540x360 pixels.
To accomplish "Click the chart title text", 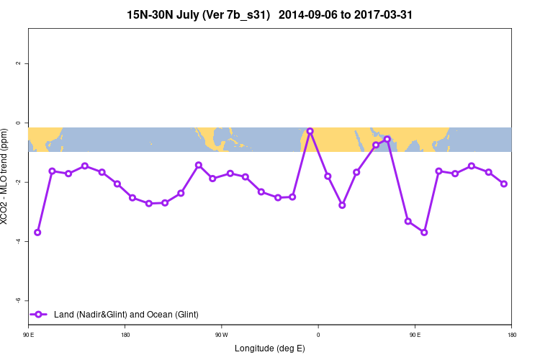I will [x=269, y=14].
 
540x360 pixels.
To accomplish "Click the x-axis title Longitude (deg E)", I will [x=269, y=348].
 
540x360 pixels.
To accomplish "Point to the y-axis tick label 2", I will [x=19, y=63].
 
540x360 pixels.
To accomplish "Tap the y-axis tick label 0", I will [x=19, y=123].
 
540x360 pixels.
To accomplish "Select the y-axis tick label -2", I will [x=19, y=182].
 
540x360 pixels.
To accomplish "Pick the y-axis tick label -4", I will [x=19, y=241].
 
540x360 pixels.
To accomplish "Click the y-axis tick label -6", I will [x=19, y=300].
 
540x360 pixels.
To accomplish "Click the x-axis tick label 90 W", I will [x=221, y=335].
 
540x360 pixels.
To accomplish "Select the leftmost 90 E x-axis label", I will [x=28, y=335].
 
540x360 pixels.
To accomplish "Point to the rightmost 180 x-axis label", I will [x=511, y=335].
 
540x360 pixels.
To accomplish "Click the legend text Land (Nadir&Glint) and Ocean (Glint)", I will [x=126, y=314].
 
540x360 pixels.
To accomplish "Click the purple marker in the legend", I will [x=40, y=314].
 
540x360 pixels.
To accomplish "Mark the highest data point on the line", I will [x=310, y=131].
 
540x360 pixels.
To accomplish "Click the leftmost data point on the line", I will [x=37, y=233].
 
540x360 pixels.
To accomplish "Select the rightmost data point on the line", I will [x=504, y=184].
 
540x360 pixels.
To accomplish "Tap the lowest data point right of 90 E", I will [x=424, y=232].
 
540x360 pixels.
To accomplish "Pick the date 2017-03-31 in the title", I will [x=380, y=14].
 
